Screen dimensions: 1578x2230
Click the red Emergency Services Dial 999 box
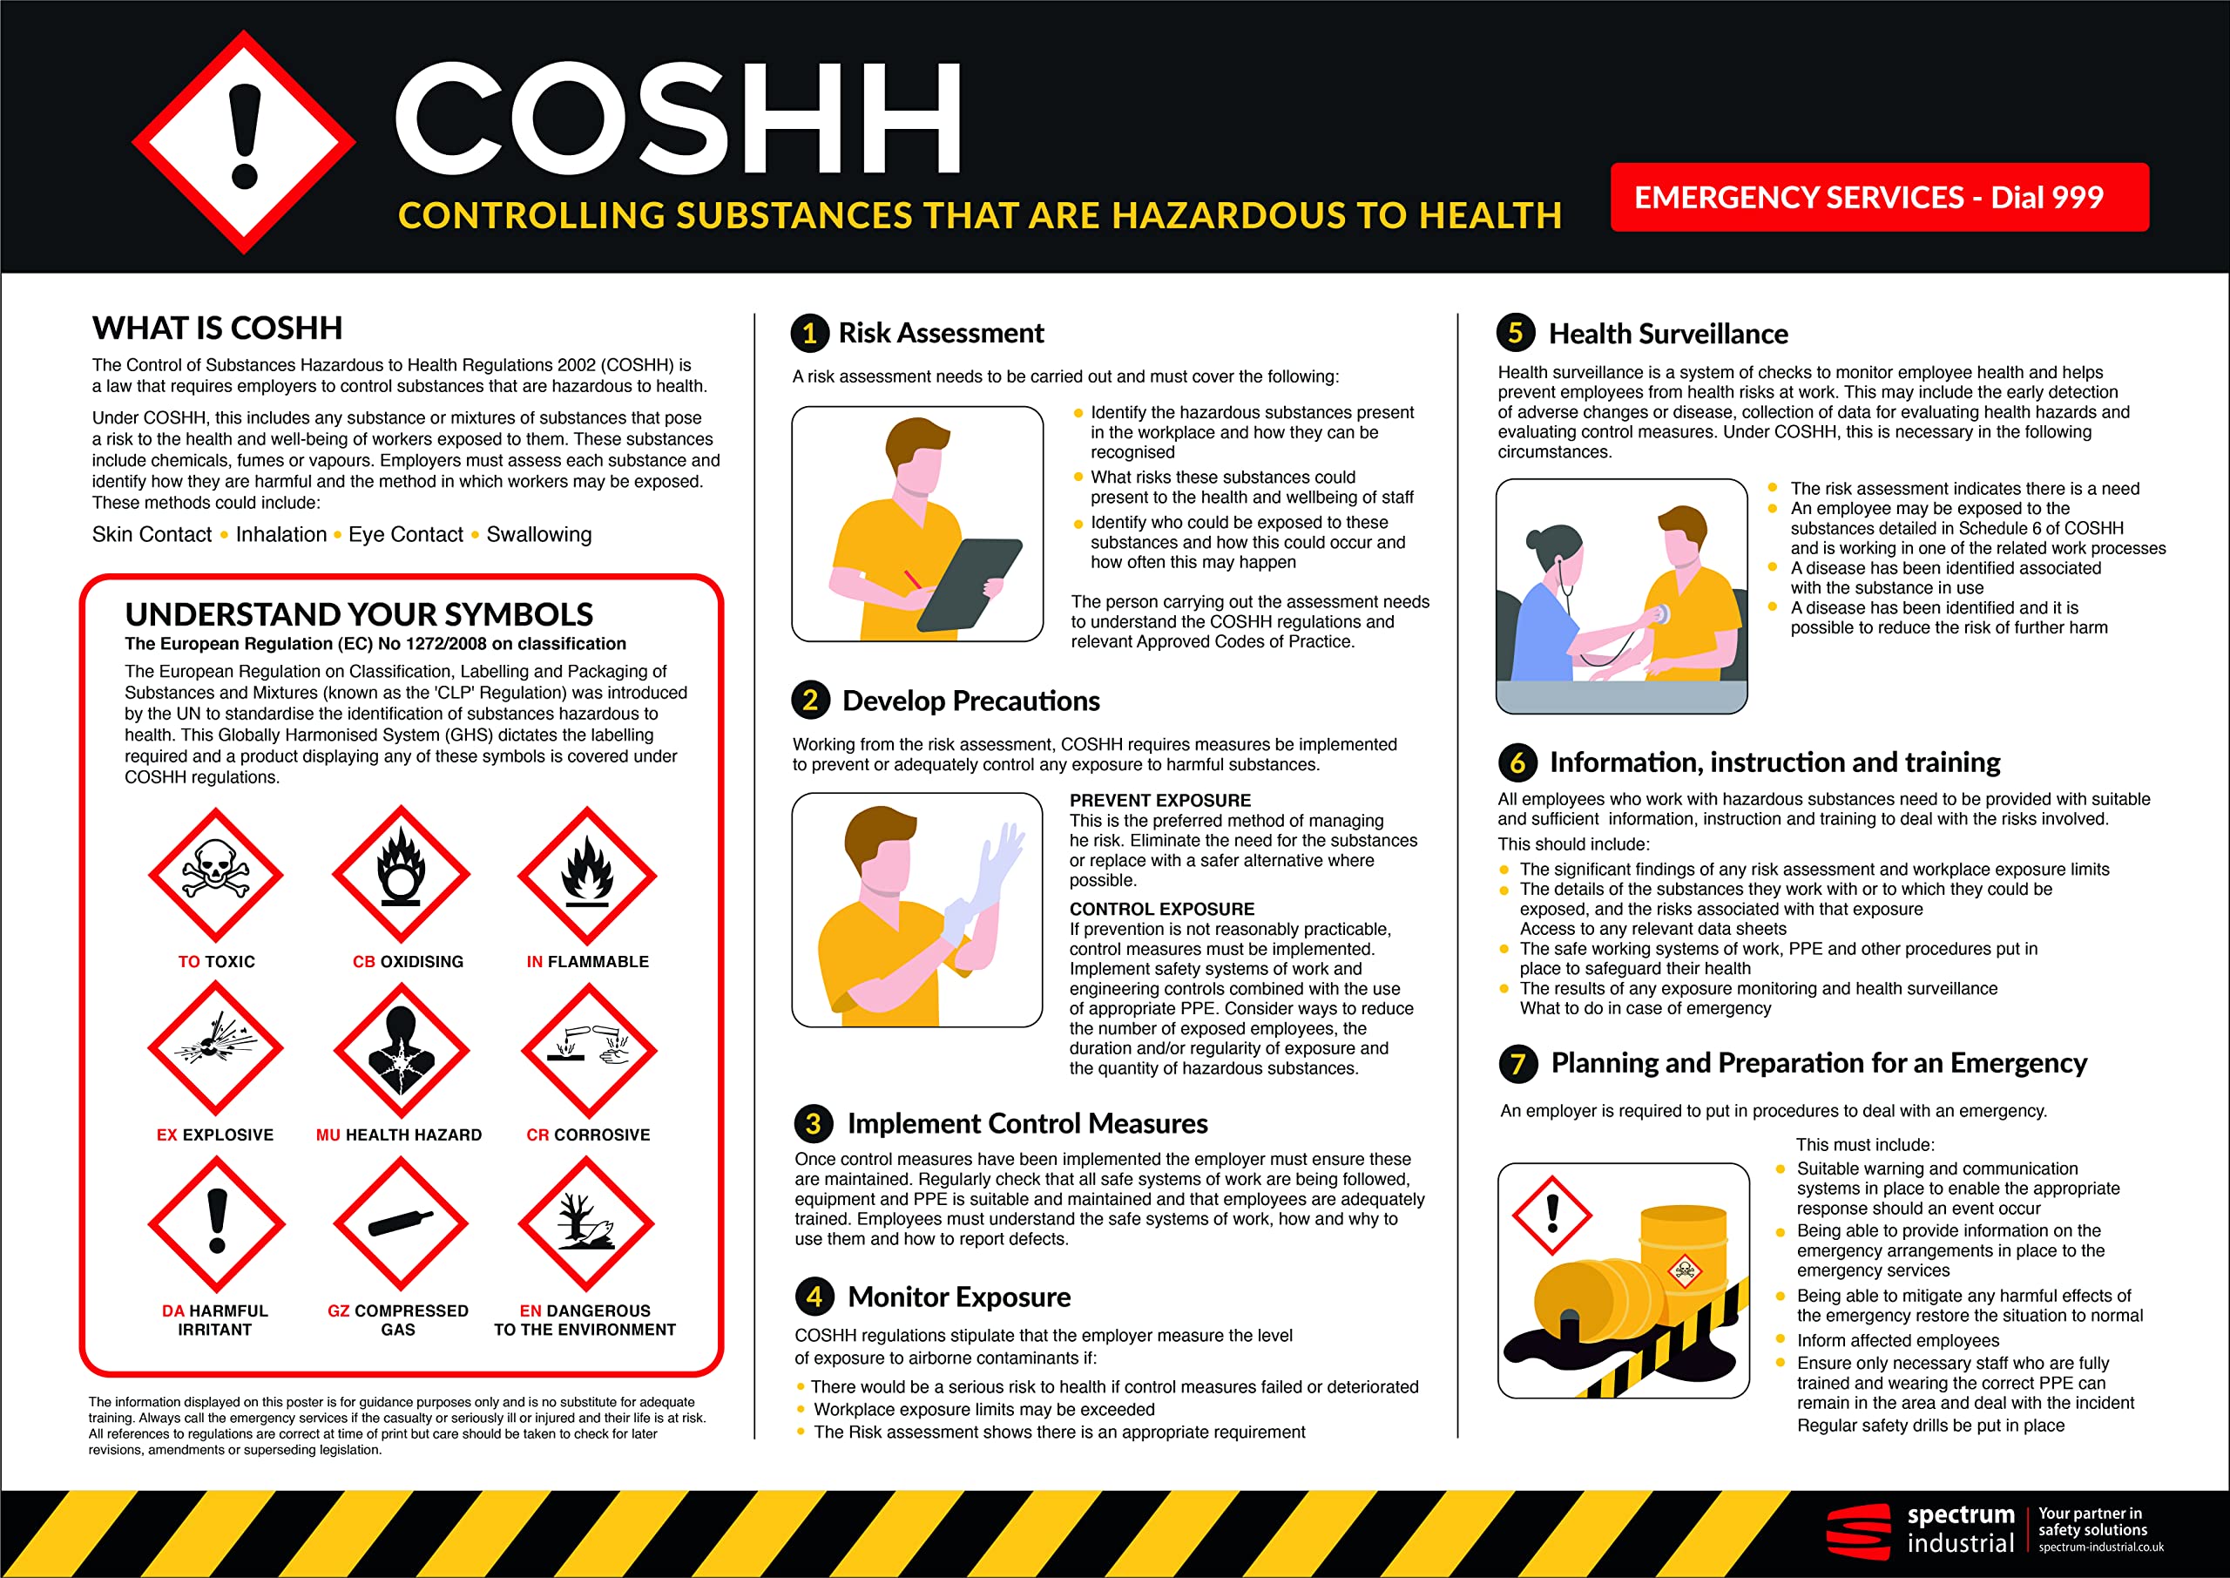click(1878, 197)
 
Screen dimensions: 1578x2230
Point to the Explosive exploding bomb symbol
click(216, 1048)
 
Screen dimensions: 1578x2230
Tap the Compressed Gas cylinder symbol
click(400, 1223)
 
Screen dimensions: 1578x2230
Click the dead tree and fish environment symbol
click(585, 1223)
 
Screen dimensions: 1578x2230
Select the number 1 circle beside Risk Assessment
click(810, 333)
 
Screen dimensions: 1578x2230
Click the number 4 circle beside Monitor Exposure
click(814, 1297)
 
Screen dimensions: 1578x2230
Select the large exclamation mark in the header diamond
click(244, 136)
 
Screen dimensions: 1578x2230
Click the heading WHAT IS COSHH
click(218, 328)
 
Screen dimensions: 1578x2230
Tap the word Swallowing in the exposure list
click(539, 534)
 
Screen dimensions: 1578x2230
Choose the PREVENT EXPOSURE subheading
click(1159, 801)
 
